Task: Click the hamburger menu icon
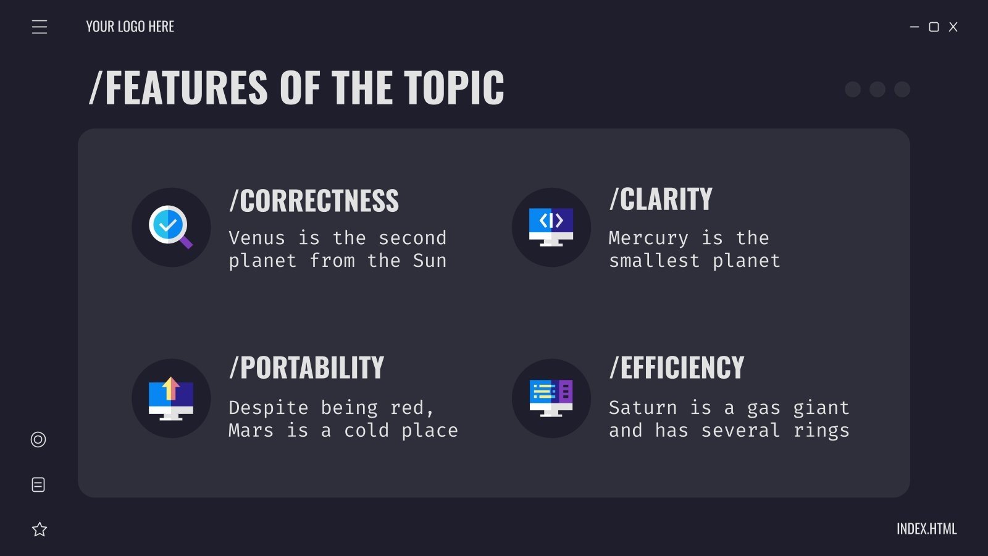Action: pyautogui.click(x=40, y=27)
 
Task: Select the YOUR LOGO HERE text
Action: pyautogui.click(x=130, y=27)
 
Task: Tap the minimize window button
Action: pyautogui.click(x=915, y=27)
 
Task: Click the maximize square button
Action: pyautogui.click(x=934, y=27)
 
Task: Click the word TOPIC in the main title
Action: pyautogui.click(x=454, y=88)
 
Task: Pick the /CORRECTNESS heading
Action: pyautogui.click(x=314, y=201)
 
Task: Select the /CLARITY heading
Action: pyautogui.click(x=661, y=200)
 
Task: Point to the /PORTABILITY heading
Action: pyautogui.click(x=306, y=368)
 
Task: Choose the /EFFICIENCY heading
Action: pyautogui.click(x=677, y=368)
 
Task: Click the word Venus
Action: pyautogui.click(x=257, y=238)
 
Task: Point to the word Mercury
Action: pyautogui.click(x=648, y=238)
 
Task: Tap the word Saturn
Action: pyautogui.click(x=643, y=408)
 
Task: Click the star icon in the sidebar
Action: pyautogui.click(x=40, y=529)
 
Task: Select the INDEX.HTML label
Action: pyautogui.click(x=926, y=529)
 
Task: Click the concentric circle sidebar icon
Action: pyautogui.click(x=38, y=439)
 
